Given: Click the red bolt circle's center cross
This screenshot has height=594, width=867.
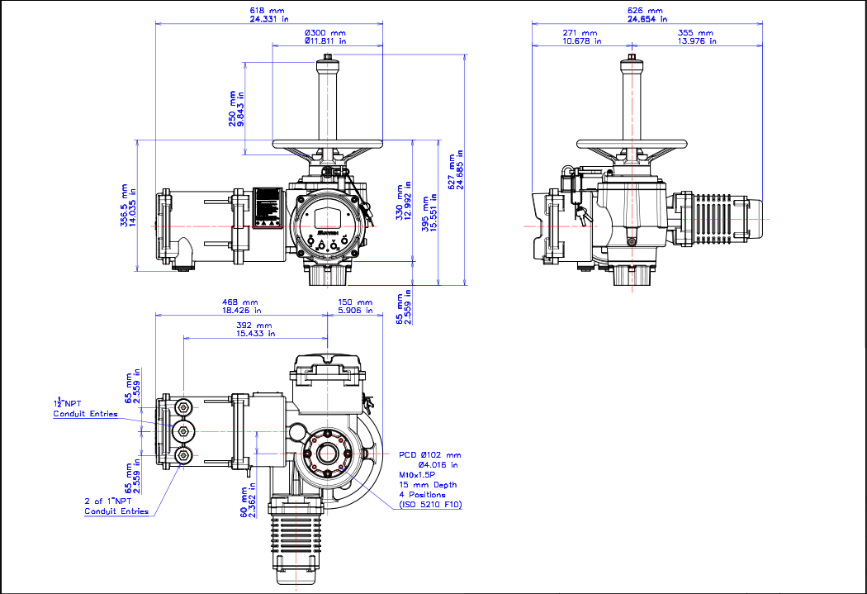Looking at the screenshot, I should tap(328, 453).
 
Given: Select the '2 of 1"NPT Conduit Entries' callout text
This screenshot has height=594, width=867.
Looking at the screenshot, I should tap(116, 506).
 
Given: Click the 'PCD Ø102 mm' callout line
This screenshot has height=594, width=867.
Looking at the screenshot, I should tap(430, 454).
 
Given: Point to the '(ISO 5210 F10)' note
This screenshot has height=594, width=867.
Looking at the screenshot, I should tap(430, 504).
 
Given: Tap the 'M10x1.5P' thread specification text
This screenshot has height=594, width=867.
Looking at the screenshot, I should tap(417, 475).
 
